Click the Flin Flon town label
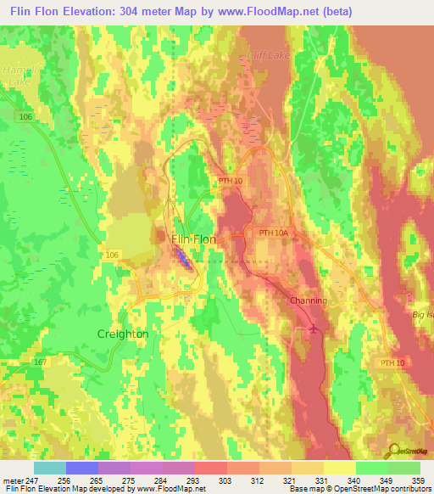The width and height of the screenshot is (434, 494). click(193, 239)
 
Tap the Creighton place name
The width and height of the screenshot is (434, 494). click(123, 334)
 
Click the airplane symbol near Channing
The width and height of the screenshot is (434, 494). click(314, 328)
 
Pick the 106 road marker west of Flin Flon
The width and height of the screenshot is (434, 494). click(114, 254)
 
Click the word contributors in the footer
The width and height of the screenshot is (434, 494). click(409, 490)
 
